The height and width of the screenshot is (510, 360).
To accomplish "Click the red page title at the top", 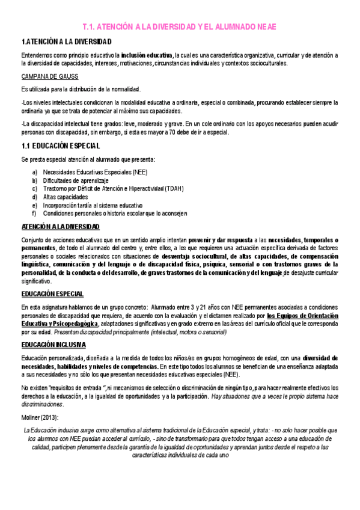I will pos(180,27).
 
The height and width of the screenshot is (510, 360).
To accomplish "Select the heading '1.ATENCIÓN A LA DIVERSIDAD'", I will pos(67,42).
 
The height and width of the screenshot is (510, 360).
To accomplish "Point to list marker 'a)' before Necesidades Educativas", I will pos(35,173).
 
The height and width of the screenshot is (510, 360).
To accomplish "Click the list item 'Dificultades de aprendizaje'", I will pos(76,180).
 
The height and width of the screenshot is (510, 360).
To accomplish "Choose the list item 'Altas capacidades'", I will pos(66,197).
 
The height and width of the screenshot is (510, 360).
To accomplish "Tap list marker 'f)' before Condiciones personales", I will pos(35,213).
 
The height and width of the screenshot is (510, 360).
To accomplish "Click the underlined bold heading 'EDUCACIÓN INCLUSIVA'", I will pos(53,345).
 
